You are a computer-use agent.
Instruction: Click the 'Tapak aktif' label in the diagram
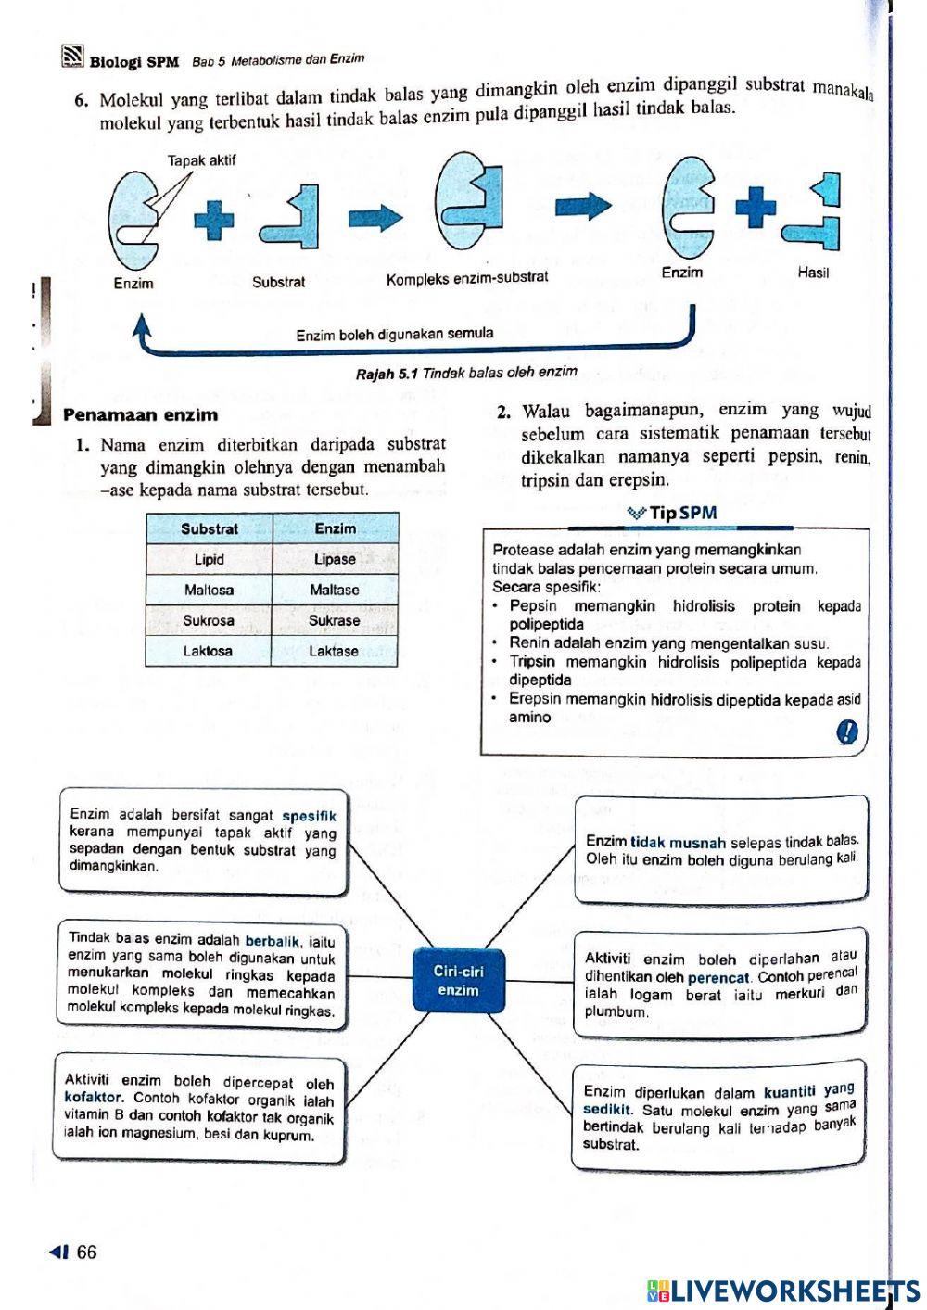pyautogui.click(x=201, y=160)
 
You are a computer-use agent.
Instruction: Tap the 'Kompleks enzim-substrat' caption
pyautogui.click(x=467, y=277)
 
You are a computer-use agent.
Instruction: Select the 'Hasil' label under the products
pyautogui.click(x=812, y=273)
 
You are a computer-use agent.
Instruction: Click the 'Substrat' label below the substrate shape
pyautogui.click(x=278, y=282)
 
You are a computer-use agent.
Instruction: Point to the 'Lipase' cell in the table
pyautogui.click(x=335, y=559)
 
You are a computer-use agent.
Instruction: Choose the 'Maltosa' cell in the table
pyautogui.click(x=209, y=590)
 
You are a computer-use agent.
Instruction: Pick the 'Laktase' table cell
pyautogui.click(x=334, y=651)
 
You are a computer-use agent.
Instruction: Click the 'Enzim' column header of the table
pyautogui.click(x=335, y=528)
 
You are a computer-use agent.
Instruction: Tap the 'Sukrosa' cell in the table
pyautogui.click(x=209, y=620)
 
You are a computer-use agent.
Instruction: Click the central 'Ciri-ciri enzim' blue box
pyautogui.click(x=459, y=980)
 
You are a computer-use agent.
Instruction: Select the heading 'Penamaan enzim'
pyautogui.click(x=140, y=414)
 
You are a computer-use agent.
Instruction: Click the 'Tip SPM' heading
pyautogui.click(x=673, y=513)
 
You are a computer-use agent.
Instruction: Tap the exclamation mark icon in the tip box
pyautogui.click(x=846, y=732)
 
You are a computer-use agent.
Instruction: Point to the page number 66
pyautogui.click(x=85, y=1252)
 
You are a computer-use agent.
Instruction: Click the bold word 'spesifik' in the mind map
pyautogui.click(x=309, y=816)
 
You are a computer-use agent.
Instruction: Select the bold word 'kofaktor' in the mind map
pyautogui.click(x=93, y=1098)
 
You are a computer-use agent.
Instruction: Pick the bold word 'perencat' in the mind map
pyautogui.click(x=718, y=977)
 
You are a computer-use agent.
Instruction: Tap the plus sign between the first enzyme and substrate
pyautogui.click(x=214, y=221)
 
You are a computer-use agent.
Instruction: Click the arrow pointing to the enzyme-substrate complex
pyautogui.click(x=375, y=219)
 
